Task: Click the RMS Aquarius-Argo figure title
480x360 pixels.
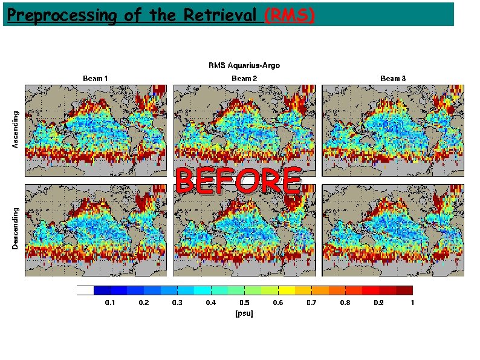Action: (244, 65)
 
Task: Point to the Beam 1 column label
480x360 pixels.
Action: (96, 78)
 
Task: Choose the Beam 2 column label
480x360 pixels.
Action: (244, 78)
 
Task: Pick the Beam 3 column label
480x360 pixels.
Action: (393, 78)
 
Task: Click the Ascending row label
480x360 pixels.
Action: (16, 129)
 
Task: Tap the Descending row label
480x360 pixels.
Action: (16, 229)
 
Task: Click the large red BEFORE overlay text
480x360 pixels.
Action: (238, 182)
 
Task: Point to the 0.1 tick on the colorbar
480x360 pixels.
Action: (111, 303)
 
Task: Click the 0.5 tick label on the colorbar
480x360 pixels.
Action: (244, 303)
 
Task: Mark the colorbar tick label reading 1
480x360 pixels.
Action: (412, 303)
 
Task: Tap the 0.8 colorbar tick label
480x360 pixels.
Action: (345, 303)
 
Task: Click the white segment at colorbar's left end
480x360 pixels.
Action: (85, 290)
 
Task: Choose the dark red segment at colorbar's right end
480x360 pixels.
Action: (404, 290)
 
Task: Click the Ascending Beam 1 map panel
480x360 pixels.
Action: (96, 129)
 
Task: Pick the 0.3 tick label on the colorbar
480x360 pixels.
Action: (177, 303)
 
